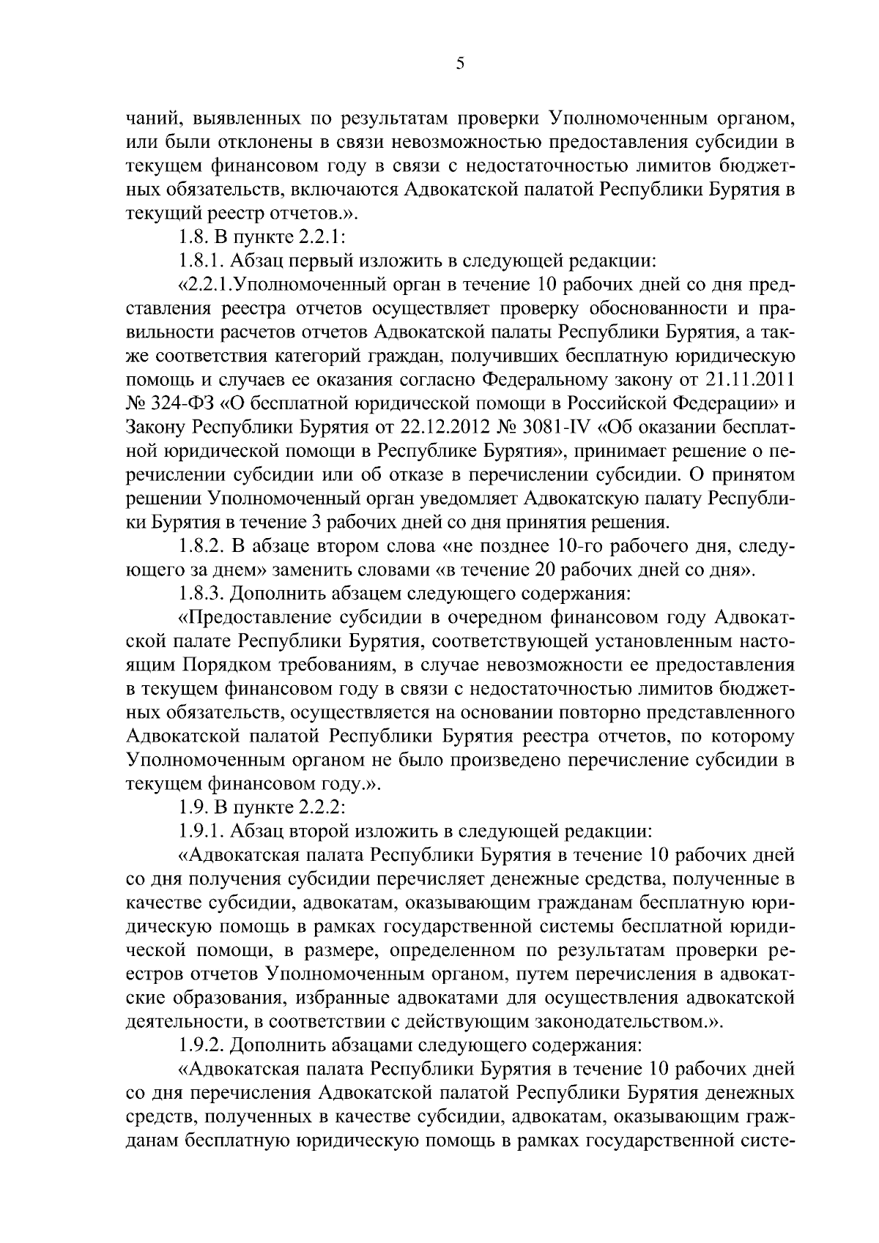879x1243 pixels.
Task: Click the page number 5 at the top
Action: point(460,64)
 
